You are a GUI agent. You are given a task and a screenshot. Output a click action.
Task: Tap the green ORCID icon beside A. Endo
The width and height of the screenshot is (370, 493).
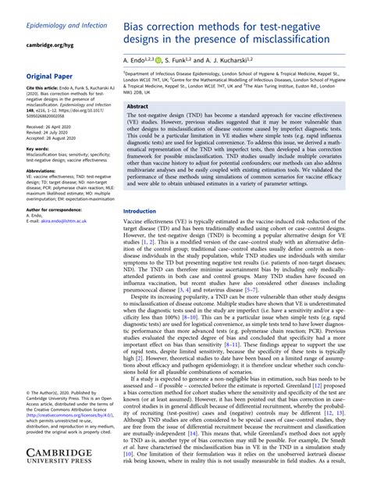coord(159,60)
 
